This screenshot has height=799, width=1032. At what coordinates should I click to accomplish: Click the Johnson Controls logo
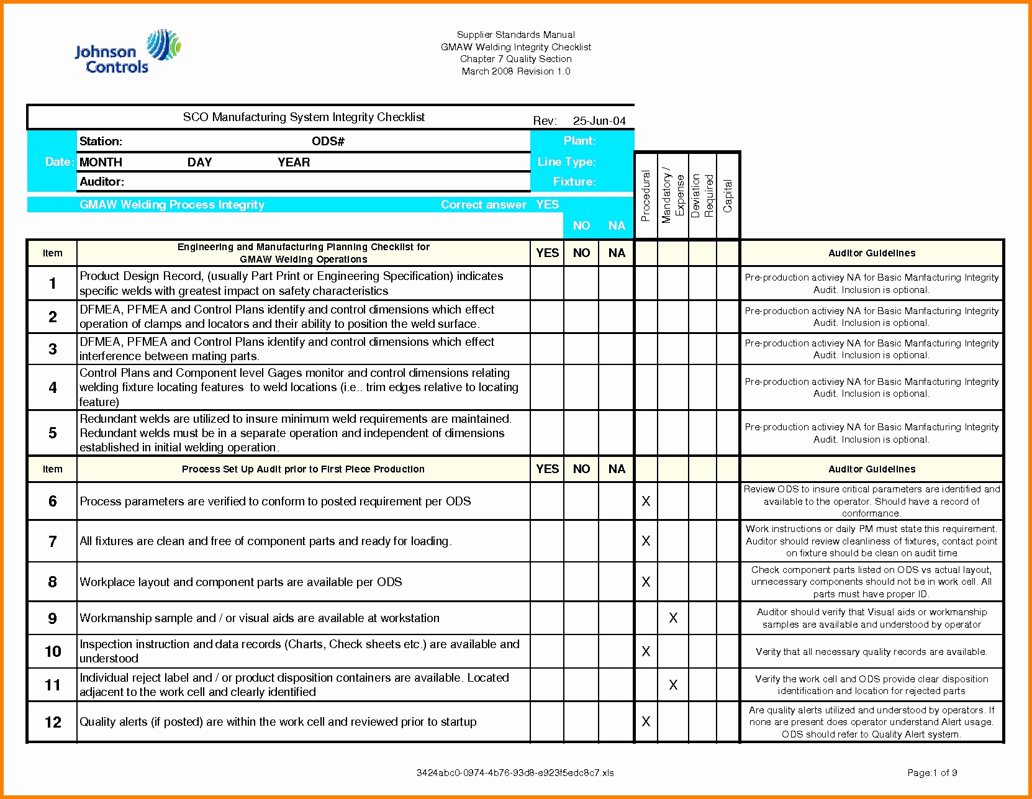pos(127,53)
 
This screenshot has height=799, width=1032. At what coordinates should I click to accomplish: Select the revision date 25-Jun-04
pos(599,120)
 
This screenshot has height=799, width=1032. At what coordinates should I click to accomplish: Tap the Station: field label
pos(101,142)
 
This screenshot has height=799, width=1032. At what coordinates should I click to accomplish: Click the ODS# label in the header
pos(328,142)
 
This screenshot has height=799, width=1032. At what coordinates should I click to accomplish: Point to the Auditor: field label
pos(102,182)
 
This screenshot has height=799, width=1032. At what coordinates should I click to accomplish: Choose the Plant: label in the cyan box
pos(579,141)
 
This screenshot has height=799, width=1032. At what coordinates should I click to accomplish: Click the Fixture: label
pos(574,182)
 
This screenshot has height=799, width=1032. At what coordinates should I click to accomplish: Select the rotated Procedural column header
pos(646,196)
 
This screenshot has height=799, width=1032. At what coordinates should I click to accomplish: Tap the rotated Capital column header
pos(728,196)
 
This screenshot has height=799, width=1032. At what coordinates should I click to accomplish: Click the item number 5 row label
pos(53,433)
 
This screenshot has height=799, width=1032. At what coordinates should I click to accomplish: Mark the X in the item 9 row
pos(673,618)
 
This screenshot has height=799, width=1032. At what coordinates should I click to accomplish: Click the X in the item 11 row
pos(673,685)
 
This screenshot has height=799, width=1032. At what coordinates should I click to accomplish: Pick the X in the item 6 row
pos(646,501)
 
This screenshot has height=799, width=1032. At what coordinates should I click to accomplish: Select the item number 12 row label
pos(53,722)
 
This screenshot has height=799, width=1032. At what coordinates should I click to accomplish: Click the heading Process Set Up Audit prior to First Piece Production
pos(303,469)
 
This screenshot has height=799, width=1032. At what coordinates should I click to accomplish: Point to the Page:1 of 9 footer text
pos(932,773)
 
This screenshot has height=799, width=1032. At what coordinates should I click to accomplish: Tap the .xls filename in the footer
pos(515,773)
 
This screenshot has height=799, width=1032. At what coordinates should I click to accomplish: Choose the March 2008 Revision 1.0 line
pos(515,71)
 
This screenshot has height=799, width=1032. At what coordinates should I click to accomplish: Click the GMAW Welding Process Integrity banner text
pos(172,205)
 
